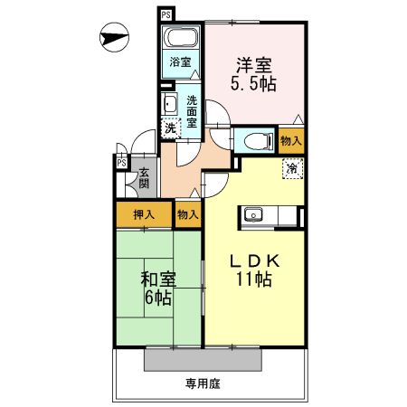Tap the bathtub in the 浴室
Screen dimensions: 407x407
click(x=181, y=39)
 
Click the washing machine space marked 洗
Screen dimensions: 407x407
click(x=169, y=128)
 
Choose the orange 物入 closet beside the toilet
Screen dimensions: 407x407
click(x=290, y=140)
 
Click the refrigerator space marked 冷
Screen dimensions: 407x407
click(x=292, y=168)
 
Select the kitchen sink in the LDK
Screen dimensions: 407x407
click(x=252, y=215)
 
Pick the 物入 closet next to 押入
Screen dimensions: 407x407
click(x=187, y=215)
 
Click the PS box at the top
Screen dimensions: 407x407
click(x=166, y=15)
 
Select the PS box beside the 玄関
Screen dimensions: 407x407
click(x=120, y=162)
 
